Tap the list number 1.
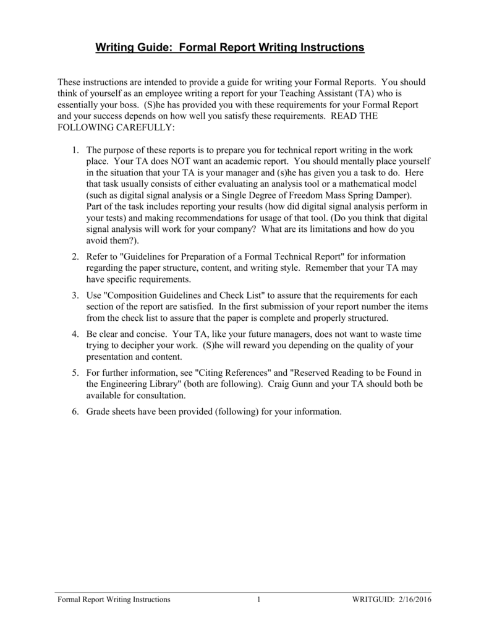click(x=74, y=150)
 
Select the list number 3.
click(x=74, y=296)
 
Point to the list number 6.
click(x=74, y=411)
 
